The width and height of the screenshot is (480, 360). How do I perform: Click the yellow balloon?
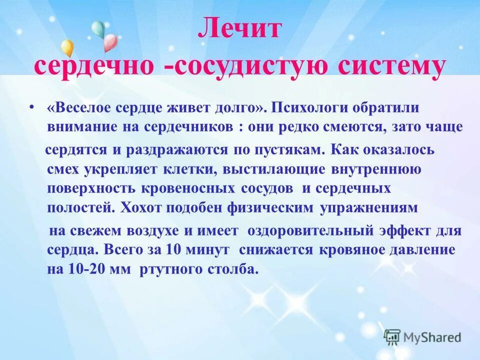point(67,47)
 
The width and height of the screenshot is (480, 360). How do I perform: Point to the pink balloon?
point(109,42)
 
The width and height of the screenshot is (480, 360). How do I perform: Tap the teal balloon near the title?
point(98,28)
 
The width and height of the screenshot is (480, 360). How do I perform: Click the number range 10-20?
point(83,269)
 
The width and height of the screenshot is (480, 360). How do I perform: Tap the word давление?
point(421,249)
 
